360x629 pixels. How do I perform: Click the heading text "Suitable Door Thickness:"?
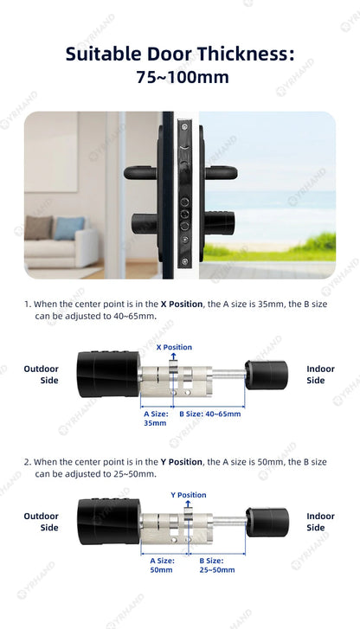coord(179,55)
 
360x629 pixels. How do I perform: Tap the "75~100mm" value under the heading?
coord(182,78)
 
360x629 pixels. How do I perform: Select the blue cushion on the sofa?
coord(69,228)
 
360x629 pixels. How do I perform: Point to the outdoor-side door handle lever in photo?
coord(142,172)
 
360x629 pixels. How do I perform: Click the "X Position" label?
coord(174,347)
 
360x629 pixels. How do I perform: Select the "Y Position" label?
coord(188,495)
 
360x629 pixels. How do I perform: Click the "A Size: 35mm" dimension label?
coord(156,419)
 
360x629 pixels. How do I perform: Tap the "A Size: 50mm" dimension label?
coord(162,566)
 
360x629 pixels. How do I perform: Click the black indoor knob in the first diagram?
coord(266,375)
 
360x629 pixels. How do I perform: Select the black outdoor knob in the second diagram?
coord(106,522)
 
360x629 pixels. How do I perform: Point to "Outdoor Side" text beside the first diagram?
coord(41,375)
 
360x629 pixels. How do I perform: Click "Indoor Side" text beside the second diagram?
coord(320,522)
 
